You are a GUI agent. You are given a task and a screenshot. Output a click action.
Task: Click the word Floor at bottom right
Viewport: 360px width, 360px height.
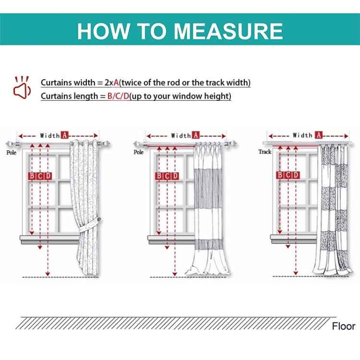[x=343, y=326]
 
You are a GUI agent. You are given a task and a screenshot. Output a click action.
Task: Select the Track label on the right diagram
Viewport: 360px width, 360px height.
[x=265, y=152]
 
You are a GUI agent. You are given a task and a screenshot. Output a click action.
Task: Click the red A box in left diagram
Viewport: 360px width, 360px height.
[x=65, y=135]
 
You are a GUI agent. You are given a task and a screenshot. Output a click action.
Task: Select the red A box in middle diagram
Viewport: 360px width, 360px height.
[x=196, y=135]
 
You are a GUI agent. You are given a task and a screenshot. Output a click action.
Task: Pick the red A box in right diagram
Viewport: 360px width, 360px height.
[x=318, y=135]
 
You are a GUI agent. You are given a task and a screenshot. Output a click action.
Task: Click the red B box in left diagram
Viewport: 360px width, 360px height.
[x=32, y=176]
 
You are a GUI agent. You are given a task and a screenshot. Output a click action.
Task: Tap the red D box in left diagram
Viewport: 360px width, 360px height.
[x=48, y=176]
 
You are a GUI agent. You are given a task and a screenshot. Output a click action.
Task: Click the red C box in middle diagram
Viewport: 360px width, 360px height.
[x=167, y=176]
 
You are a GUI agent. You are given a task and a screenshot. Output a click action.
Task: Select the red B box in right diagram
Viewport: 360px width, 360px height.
[x=280, y=175]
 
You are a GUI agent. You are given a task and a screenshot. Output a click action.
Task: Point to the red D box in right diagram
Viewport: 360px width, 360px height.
[x=296, y=175]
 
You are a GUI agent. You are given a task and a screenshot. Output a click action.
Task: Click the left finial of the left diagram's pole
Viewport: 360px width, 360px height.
[x=11, y=144]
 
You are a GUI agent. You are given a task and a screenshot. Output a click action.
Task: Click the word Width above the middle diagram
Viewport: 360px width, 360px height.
[x=181, y=136]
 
